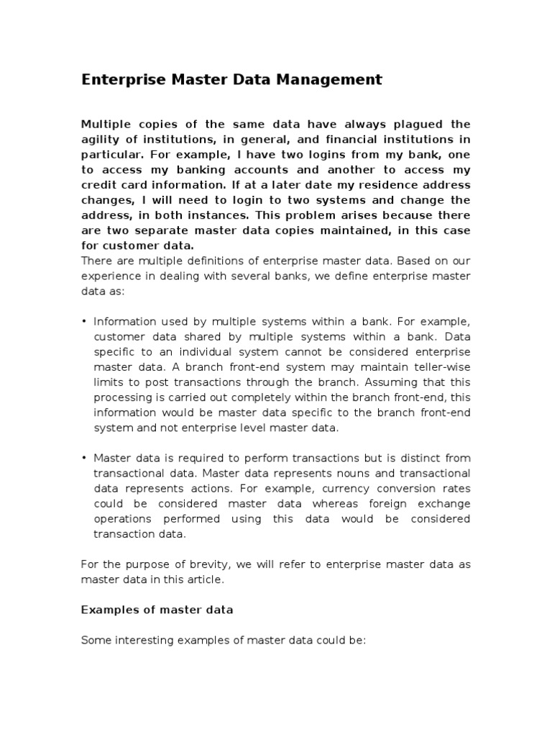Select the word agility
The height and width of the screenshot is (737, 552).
point(101,140)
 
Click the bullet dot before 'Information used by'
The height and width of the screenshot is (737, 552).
point(84,321)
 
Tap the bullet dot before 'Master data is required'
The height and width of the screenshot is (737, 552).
point(84,458)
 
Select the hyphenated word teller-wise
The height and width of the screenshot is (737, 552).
point(440,366)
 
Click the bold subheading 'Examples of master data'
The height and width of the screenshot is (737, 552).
point(157,610)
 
